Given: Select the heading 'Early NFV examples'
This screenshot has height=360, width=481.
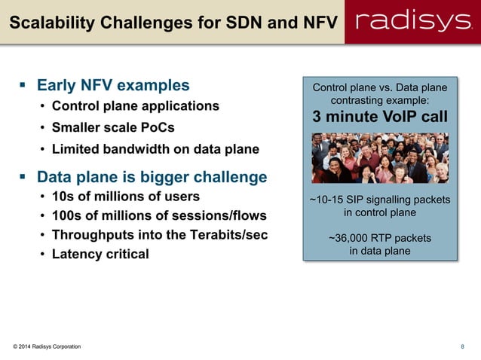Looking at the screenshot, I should click(x=113, y=85).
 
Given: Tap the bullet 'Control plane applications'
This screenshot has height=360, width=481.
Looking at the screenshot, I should click(x=135, y=105).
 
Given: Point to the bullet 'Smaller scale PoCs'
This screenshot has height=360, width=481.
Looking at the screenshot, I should click(x=113, y=127).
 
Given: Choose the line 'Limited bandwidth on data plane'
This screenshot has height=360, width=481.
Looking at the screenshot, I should click(x=155, y=149).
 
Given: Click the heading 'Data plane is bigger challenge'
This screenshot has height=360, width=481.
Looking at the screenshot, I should click(x=152, y=177).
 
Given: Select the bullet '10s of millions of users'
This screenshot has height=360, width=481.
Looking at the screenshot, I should click(x=125, y=197).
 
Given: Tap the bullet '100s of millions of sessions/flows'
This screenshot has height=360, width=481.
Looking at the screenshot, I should click(x=158, y=216).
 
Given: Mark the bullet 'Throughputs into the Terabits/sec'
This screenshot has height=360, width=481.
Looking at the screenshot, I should click(x=159, y=234).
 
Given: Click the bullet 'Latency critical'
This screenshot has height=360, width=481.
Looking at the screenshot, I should click(x=100, y=254).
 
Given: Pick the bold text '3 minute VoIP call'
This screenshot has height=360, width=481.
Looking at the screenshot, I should click(x=380, y=117).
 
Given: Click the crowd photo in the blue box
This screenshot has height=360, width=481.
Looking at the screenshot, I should click(x=380, y=158).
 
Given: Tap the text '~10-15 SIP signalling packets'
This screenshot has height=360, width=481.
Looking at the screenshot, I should click(x=380, y=200).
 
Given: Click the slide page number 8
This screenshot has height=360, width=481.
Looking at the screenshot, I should click(x=462, y=346).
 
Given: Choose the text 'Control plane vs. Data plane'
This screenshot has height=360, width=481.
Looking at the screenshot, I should click(x=380, y=88).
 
